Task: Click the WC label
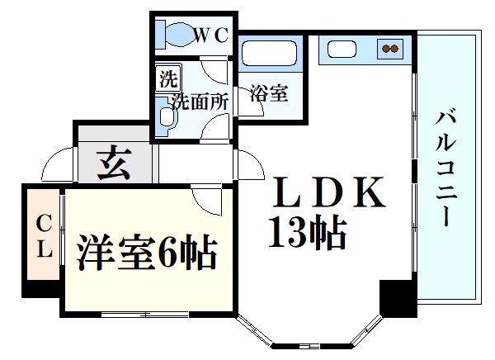[x=210, y=35]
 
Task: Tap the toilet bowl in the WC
[x=179, y=35]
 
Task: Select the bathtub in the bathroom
[x=269, y=53]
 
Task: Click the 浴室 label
[x=269, y=93]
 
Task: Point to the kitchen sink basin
[x=342, y=50]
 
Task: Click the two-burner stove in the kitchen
[x=390, y=49]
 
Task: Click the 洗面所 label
[x=200, y=102]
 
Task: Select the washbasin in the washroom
[x=167, y=116]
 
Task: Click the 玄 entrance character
[x=114, y=163]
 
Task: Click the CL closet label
[x=45, y=235]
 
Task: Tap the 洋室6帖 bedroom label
[x=147, y=252]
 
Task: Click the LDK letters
[x=328, y=192]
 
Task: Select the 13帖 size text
[x=308, y=232]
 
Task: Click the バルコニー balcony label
[x=445, y=168]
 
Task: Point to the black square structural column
[x=398, y=298]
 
